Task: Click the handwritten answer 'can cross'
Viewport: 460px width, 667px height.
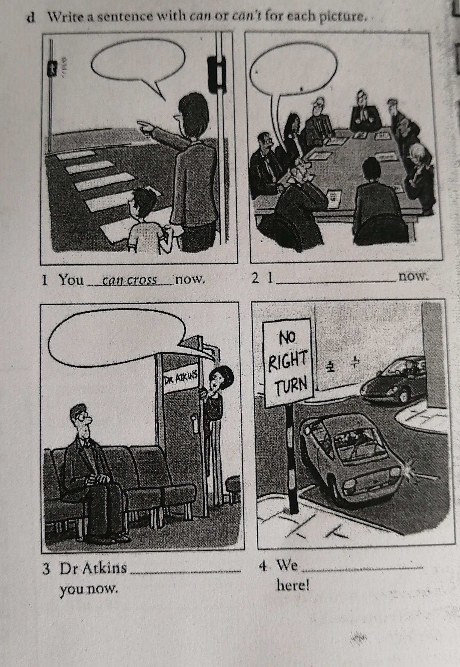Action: click(129, 281)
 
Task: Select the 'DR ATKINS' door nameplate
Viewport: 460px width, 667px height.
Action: click(181, 381)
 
